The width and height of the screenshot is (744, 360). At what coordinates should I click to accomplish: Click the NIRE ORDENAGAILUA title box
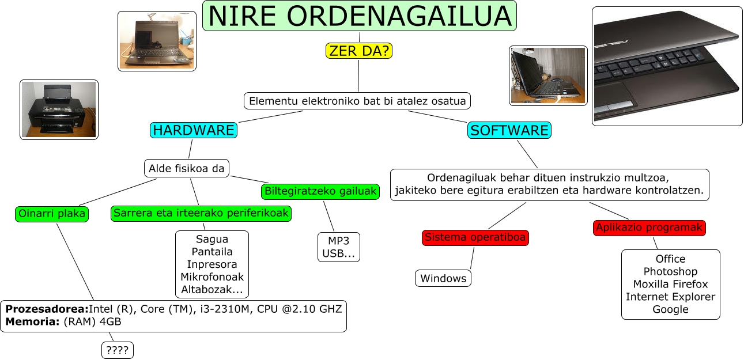360,16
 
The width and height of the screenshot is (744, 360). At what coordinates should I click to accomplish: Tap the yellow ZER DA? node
358,51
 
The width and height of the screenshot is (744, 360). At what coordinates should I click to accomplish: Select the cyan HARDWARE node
193,130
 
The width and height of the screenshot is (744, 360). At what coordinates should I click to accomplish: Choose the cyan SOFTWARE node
509,130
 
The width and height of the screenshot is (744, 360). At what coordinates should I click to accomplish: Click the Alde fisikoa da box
186,168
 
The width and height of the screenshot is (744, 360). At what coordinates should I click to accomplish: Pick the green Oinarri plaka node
52,214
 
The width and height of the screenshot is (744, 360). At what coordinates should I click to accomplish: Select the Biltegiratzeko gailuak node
320,191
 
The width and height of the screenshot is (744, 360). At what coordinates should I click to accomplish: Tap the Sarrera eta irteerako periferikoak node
201,213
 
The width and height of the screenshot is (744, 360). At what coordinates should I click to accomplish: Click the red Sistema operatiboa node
475,237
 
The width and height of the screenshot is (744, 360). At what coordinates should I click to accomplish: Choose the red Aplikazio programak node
649,228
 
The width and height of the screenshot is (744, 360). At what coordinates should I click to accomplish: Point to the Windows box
443,278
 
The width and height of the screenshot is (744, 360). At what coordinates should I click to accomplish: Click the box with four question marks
117,350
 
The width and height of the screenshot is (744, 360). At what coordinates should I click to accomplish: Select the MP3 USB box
338,247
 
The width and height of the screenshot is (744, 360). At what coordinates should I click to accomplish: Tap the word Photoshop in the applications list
670,272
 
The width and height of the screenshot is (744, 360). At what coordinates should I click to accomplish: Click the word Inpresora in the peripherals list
212,264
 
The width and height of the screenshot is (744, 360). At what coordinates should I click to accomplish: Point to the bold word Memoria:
32,321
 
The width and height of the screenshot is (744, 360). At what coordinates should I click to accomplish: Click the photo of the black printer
59,109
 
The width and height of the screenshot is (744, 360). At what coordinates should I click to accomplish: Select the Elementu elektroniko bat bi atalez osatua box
357,101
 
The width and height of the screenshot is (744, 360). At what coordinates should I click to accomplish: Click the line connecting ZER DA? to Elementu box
358,75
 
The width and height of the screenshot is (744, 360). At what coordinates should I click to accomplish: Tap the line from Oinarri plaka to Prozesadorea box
75,262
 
